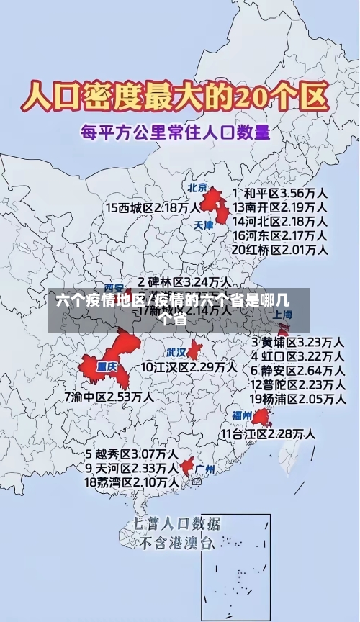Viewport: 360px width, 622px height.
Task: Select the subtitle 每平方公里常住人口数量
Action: (x=176, y=133)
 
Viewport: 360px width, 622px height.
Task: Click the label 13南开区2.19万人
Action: (x=280, y=207)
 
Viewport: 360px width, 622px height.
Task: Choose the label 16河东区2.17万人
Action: (x=280, y=235)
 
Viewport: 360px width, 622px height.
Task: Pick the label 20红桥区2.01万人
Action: (x=280, y=249)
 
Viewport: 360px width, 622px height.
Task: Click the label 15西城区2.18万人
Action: (x=153, y=207)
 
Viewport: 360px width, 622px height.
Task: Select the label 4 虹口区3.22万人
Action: (x=297, y=355)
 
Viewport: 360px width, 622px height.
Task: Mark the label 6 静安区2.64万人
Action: (x=297, y=369)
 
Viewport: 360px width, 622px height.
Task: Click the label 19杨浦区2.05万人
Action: (x=297, y=398)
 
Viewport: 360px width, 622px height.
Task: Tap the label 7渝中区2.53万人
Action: (x=108, y=396)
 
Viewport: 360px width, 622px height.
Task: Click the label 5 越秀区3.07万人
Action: (x=132, y=454)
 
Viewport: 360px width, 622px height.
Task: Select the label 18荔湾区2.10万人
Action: (x=132, y=482)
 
